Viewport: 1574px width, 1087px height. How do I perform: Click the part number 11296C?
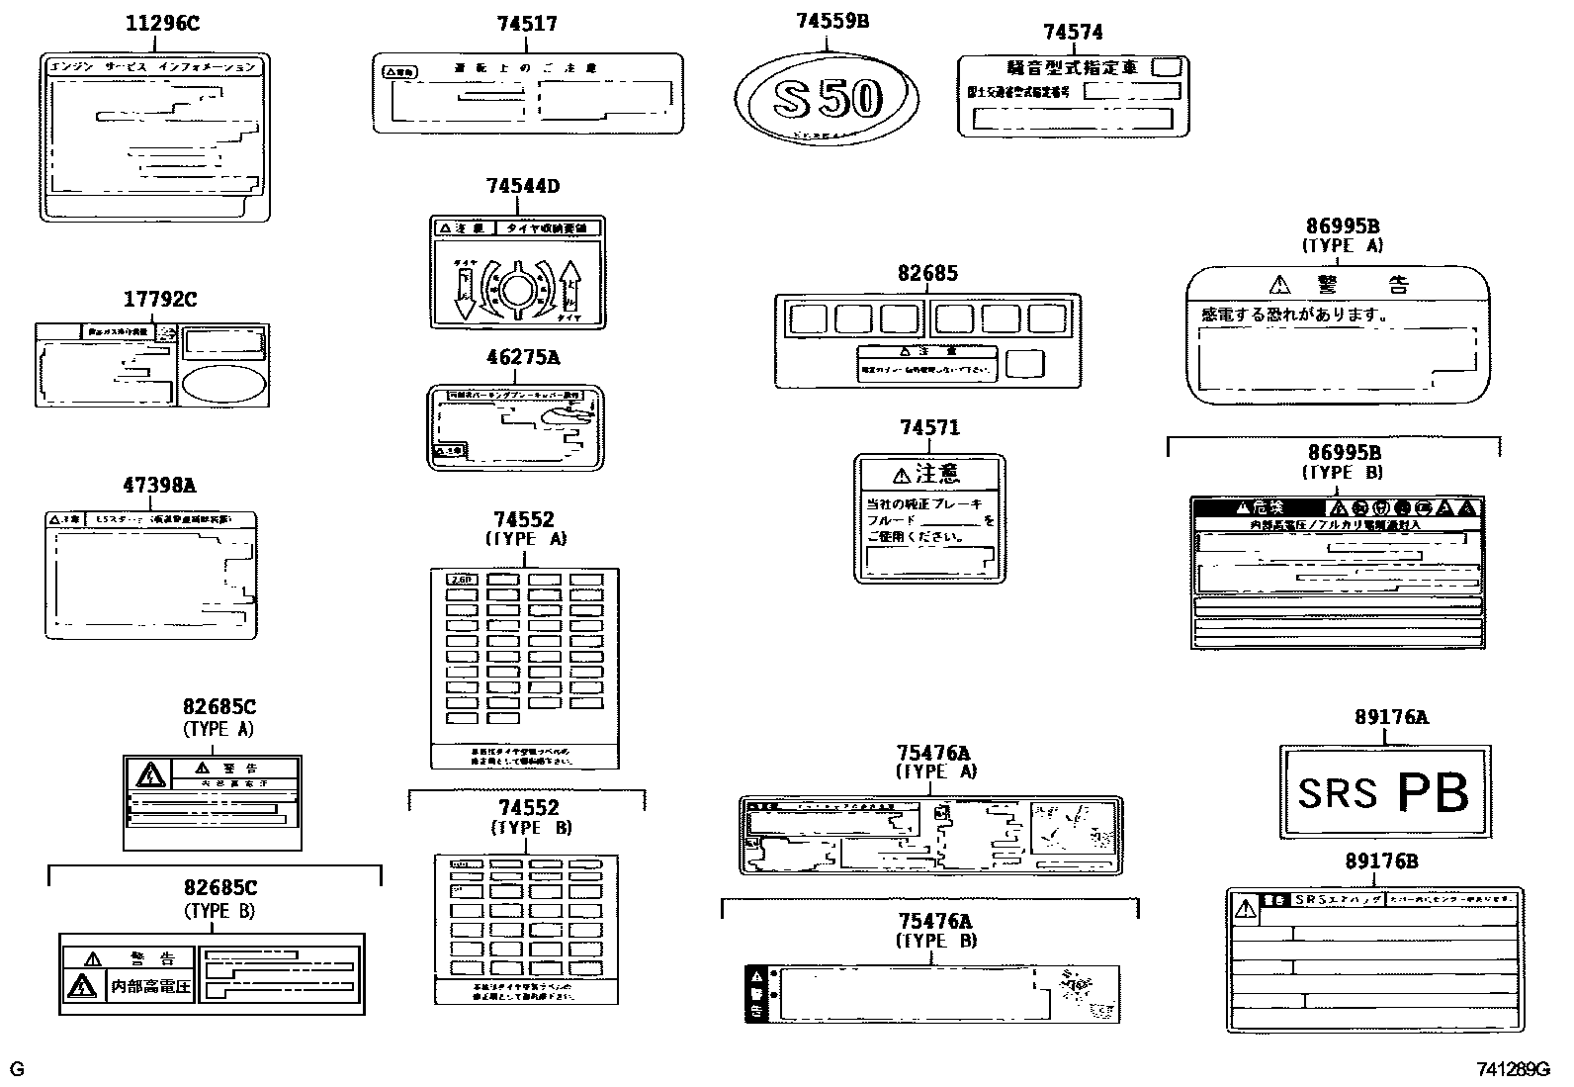point(161,23)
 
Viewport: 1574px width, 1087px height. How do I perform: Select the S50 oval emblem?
point(827,98)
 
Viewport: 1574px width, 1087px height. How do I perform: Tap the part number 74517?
point(527,24)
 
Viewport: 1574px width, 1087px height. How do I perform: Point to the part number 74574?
point(1073,33)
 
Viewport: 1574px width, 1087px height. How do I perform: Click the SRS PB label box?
point(1384,791)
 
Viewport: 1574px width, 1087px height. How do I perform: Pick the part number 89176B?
point(1381,861)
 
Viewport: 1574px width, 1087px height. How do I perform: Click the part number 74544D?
point(522,186)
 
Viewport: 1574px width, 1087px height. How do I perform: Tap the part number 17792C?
point(160,299)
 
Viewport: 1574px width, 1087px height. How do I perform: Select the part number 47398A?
point(159,486)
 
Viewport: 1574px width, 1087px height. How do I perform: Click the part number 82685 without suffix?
point(927,274)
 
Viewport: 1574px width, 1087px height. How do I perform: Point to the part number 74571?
point(929,427)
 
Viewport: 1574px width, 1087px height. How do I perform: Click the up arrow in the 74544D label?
point(570,288)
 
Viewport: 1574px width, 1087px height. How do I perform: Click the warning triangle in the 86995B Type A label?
point(1280,285)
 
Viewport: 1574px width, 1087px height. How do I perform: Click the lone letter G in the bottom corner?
point(17,1069)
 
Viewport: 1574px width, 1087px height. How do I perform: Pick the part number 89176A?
point(1391,718)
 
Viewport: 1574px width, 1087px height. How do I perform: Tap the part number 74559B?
point(832,20)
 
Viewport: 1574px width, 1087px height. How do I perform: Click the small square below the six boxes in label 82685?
point(1024,363)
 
